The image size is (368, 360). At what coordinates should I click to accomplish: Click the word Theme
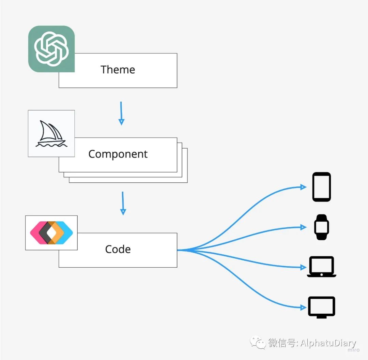(x=118, y=70)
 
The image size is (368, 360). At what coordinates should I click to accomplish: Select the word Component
(x=118, y=154)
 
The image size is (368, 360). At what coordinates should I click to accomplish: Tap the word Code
(x=118, y=249)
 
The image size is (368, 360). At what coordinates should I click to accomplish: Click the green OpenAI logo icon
(x=51, y=49)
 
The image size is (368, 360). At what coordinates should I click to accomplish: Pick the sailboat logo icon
(x=51, y=134)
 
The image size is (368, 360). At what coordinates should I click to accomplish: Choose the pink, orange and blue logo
(x=51, y=232)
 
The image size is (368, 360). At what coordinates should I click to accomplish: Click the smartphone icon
(x=322, y=187)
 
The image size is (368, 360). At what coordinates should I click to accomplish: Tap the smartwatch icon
(x=322, y=227)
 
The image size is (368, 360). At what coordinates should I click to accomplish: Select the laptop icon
(x=322, y=267)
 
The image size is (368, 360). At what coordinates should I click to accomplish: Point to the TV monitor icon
(x=322, y=307)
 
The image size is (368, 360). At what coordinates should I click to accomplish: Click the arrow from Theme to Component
(x=121, y=113)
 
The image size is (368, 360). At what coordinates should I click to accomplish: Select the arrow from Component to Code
(x=123, y=203)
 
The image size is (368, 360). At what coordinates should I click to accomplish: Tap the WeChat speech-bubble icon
(x=258, y=342)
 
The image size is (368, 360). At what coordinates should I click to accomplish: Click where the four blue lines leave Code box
(x=179, y=250)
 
